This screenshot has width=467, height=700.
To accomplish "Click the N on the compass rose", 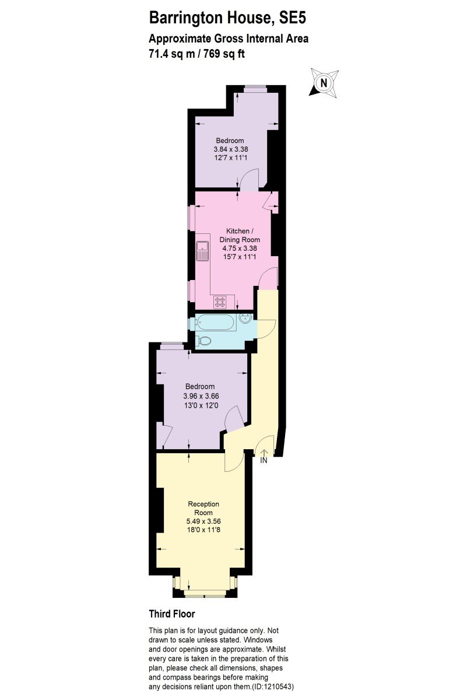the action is (x=324, y=83).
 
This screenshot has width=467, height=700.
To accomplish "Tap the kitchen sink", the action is (x=202, y=251).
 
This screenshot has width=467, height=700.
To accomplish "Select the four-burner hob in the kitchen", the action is (x=219, y=302).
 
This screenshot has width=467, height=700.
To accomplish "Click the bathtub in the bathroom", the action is (x=216, y=322).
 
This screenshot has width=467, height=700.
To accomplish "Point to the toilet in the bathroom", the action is (x=203, y=340).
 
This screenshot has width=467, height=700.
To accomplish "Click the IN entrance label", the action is (x=264, y=460).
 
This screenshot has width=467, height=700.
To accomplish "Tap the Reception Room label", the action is (x=203, y=508).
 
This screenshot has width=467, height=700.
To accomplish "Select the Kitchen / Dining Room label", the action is (x=240, y=235).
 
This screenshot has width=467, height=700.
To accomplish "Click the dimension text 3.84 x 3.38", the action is (x=231, y=149).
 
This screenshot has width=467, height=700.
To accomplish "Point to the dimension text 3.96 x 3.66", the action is (x=201, y=396).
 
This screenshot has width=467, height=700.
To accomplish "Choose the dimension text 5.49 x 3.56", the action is (x=203, y=521).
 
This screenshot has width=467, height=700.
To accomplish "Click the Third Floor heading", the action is (x=172, y=614).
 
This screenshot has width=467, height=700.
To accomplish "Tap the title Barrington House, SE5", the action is (x=227, y=18).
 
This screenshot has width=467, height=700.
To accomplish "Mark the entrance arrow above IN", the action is (x=264, y=453).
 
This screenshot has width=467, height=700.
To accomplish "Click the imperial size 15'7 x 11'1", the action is (x=240, y=257).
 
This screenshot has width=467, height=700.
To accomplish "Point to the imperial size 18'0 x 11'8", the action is (x=203, y=530).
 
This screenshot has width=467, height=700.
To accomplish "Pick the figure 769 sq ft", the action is (x=224, y=54).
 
